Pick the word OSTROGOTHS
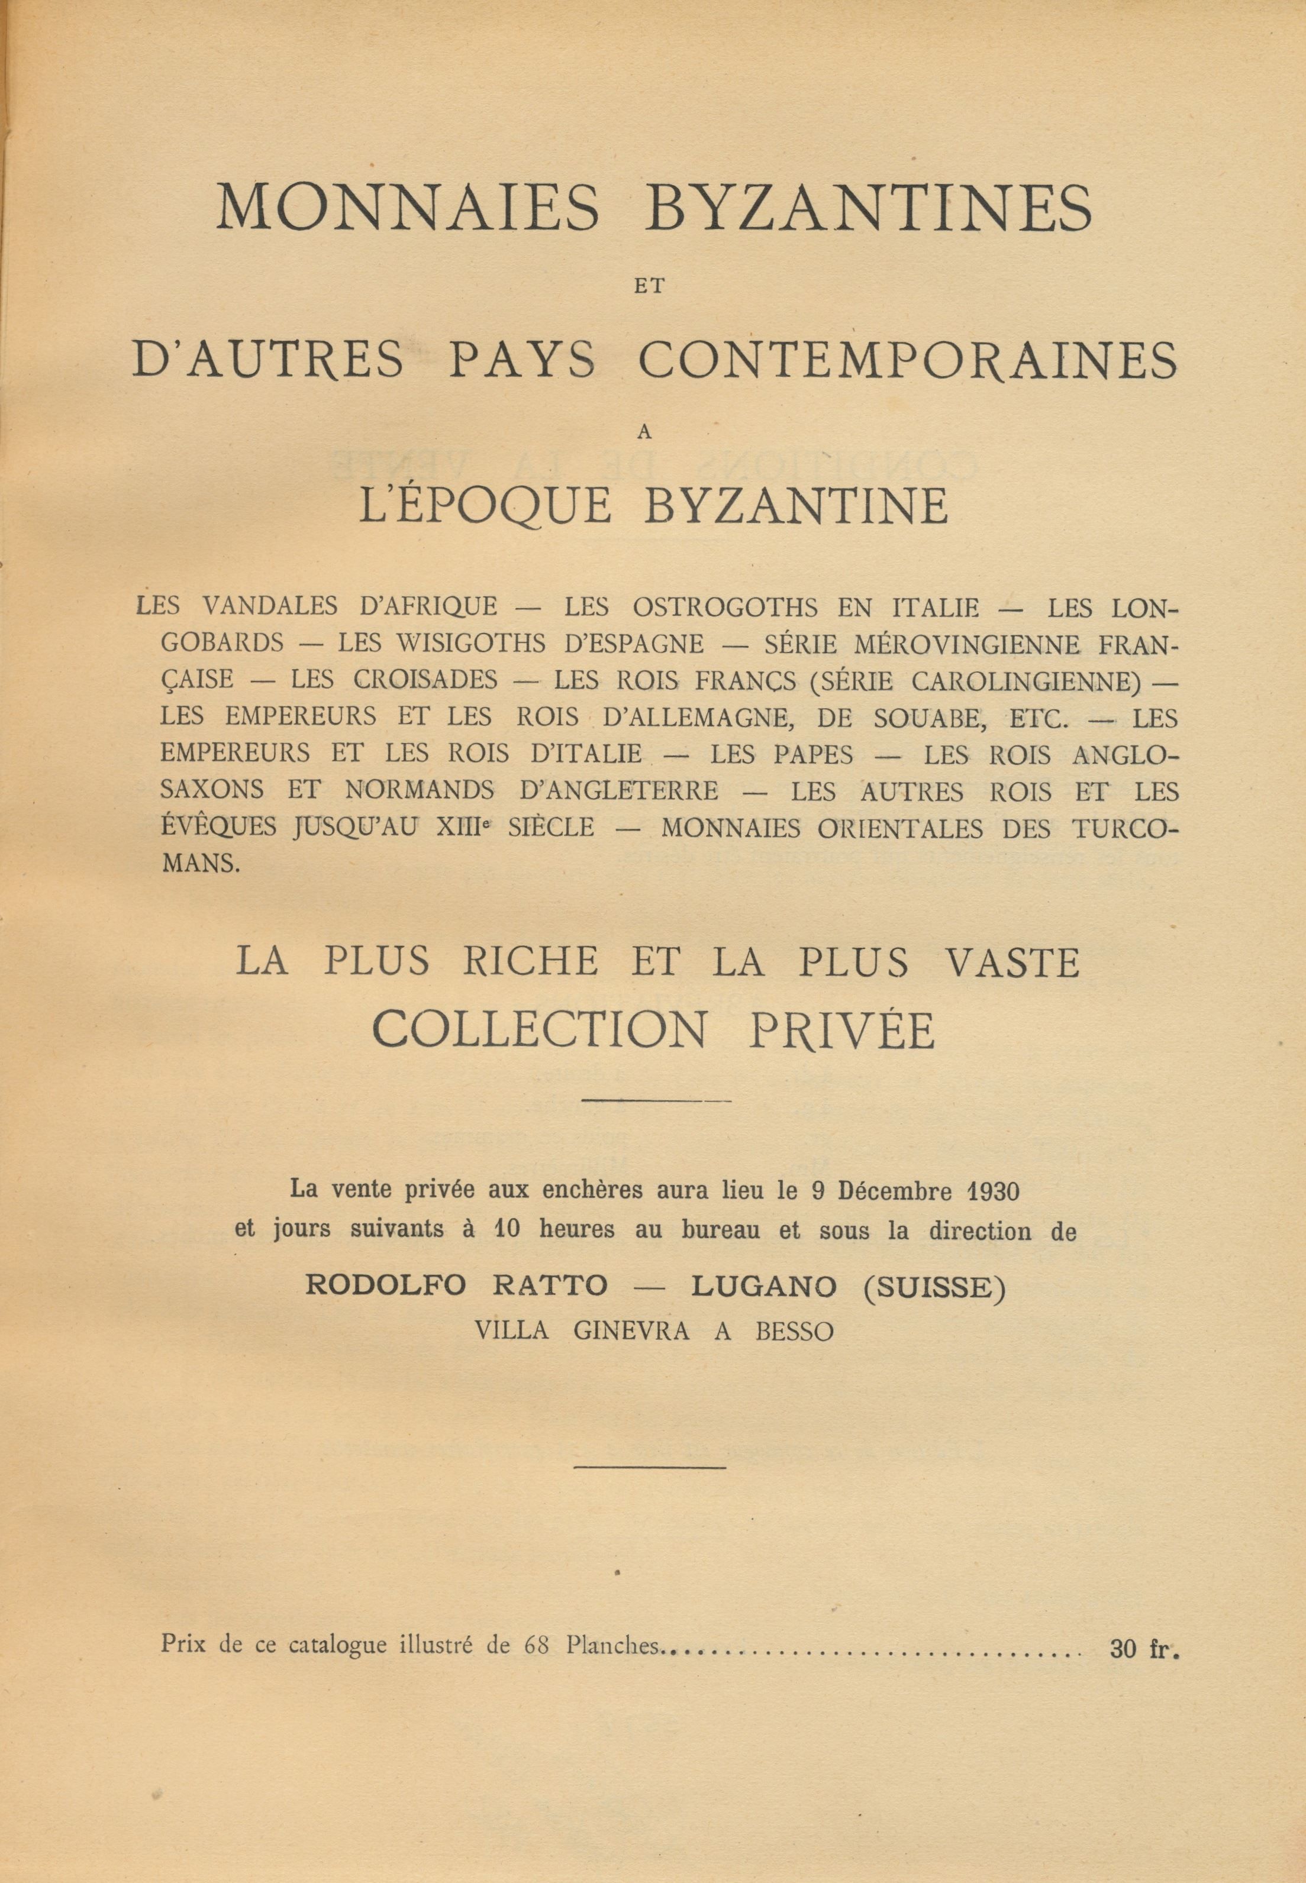(x=725, y=606)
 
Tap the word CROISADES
(x=426, y=680)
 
